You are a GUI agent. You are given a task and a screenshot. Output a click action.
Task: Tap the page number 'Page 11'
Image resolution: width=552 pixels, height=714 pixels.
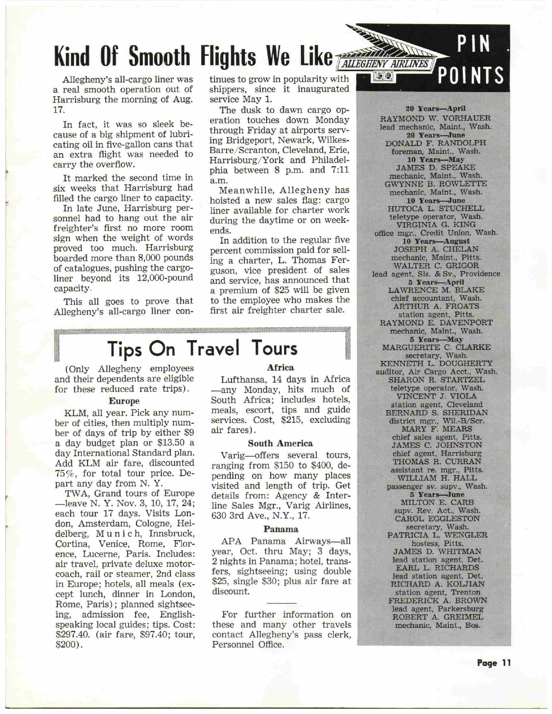(x=494, y=663)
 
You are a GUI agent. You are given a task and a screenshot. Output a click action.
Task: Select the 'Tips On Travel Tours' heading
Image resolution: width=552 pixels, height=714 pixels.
(x=203, y=348)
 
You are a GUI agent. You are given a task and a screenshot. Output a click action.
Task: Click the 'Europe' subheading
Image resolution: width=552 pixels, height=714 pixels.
(x=124, y=401)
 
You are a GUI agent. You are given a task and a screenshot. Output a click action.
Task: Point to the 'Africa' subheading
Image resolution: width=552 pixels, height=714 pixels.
(x=281, y=368)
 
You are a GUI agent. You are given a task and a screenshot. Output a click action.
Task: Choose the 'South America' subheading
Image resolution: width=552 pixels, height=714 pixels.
(x=280, y=444)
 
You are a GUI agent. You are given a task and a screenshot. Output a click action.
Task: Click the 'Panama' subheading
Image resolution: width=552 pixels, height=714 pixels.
(x=281, y=529)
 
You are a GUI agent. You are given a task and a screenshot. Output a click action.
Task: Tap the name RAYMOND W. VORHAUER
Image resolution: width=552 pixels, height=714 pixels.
(x=435, y=119)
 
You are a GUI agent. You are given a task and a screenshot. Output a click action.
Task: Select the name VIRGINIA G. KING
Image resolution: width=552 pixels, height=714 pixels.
(x=436, y=225)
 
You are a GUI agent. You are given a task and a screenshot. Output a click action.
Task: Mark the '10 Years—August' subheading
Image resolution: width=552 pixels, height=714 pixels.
(x=436, y=241)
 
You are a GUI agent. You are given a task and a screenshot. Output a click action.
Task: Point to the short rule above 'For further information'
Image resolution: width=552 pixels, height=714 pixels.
(x=281, y=603)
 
